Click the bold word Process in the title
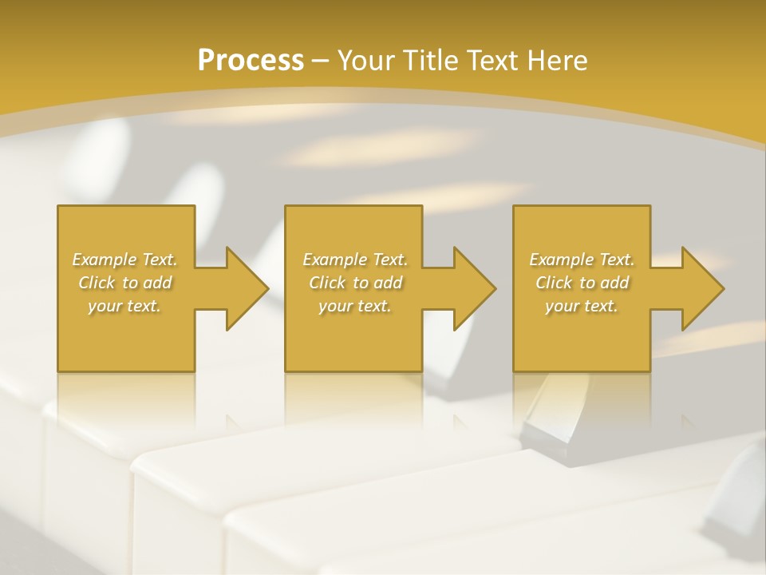251,61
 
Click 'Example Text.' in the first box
124,260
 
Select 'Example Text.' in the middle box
355,260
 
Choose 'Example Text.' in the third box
582,260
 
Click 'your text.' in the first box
124,306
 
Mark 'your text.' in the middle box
355,306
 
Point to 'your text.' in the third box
582,306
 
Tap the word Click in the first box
97,283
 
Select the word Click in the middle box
327,283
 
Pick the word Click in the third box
554,283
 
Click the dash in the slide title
321,61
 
